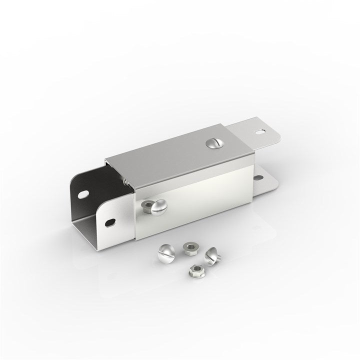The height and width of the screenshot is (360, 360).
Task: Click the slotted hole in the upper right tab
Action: (260, 132)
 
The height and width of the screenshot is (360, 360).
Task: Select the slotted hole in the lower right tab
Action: (258, 177)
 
